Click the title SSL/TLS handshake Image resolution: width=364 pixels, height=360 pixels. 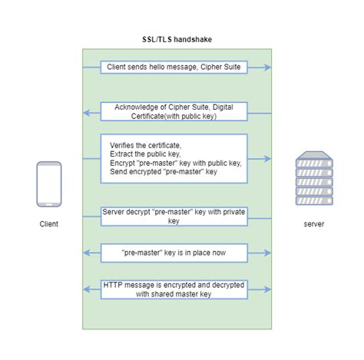point(177,39)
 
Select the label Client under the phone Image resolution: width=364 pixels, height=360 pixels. point(49,224)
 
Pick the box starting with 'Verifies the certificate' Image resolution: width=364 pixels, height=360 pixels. point(174,158)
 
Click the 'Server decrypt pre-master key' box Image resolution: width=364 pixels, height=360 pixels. point(174,216)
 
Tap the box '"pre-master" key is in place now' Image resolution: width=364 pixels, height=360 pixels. point(174,252)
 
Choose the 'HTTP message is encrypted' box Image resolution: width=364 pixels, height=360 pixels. point(174,289)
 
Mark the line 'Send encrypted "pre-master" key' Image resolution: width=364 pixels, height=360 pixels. point(164,173)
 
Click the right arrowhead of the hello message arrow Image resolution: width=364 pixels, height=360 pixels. point(268,68)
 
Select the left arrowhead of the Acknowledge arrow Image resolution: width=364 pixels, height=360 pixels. point(87,113)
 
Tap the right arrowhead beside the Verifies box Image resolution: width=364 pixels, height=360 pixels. point(268,159)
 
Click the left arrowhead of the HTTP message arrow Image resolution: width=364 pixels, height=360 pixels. point(87,289)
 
